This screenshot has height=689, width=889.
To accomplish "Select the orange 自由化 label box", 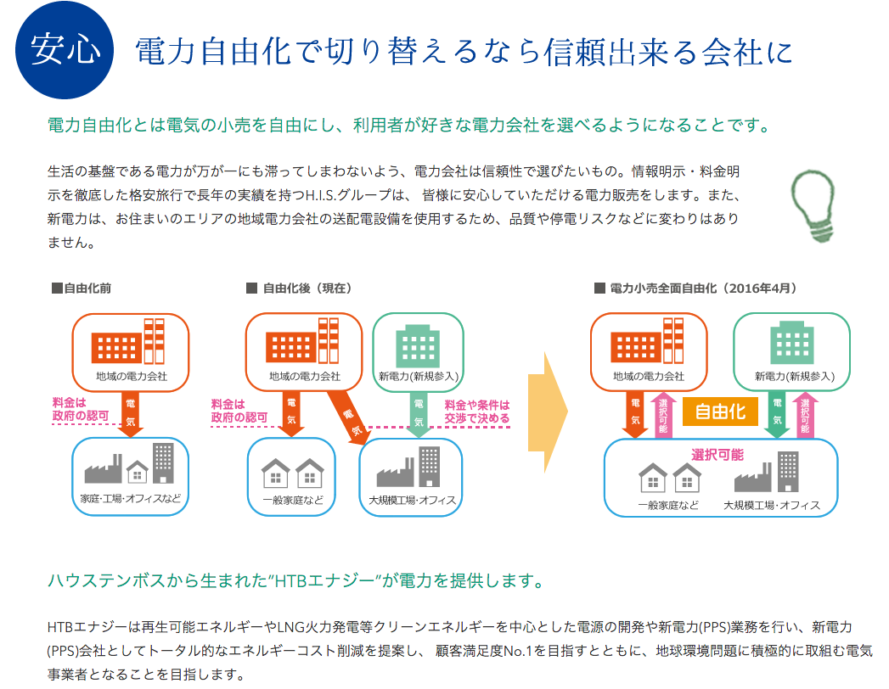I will point(720,412).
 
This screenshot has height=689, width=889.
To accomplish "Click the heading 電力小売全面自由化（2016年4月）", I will point(696,288).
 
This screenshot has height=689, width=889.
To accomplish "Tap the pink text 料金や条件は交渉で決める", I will point(477,412).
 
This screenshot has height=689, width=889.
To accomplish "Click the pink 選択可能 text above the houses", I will point(717,455).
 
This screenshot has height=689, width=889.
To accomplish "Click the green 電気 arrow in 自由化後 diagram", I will point(419,414).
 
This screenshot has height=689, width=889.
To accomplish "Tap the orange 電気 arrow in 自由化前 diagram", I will point(131,413).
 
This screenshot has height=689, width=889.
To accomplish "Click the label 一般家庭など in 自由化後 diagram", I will point(293,500).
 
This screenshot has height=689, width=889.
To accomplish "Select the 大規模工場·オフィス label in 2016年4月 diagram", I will point(772,505).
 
